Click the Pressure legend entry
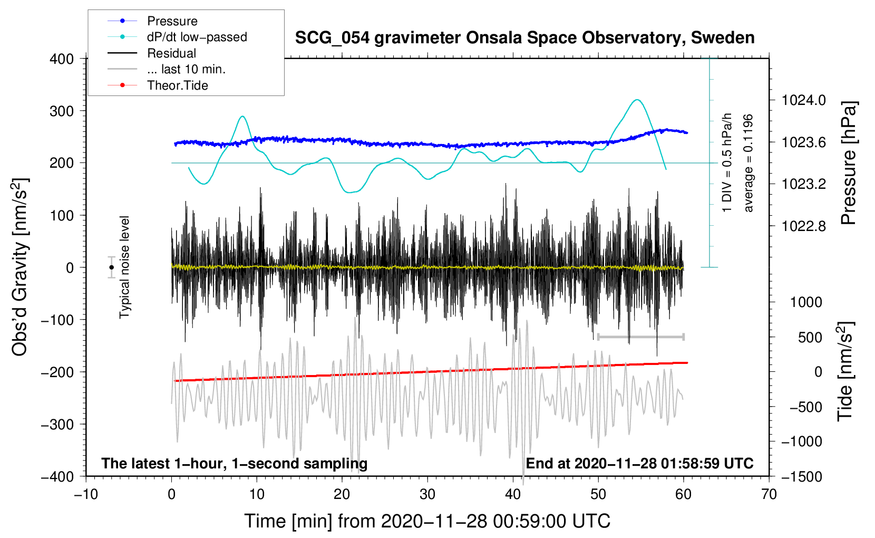click(x=172, y=21)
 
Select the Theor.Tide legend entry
click(x=177, y=85)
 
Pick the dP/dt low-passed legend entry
click(x=197, y=37)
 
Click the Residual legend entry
click(x=171, y=53)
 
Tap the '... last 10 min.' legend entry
click(x=186, y=69)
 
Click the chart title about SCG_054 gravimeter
click(x=524, y=38)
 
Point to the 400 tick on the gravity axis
click(x=62, y=59)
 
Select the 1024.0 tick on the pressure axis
click(x=804, y=100)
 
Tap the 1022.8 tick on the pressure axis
click(x=804, y=226)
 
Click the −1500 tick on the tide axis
click(x=801, y=476)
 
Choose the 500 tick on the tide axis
click(x=810, y=337)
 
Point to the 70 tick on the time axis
click(x=769, y=494)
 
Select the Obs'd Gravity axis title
click(x=20, y=267)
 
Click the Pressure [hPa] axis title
click(x=848, y=163)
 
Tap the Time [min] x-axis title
click(x=427, y=521)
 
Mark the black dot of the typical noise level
click(x=111, y=267)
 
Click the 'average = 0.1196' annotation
click(x=748, y=163)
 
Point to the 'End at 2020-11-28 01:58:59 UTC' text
click(x=639, y=464)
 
